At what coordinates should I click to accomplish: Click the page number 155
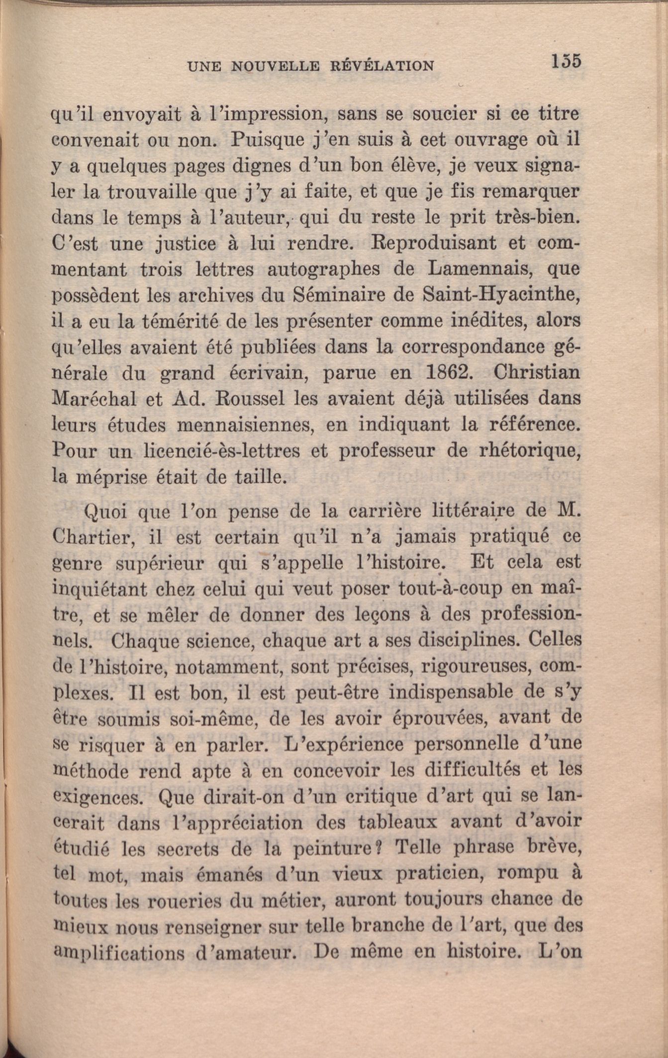(566, 62)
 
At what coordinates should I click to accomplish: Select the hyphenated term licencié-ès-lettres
(221, 451)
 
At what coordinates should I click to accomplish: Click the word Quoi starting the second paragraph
(107, 512)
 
